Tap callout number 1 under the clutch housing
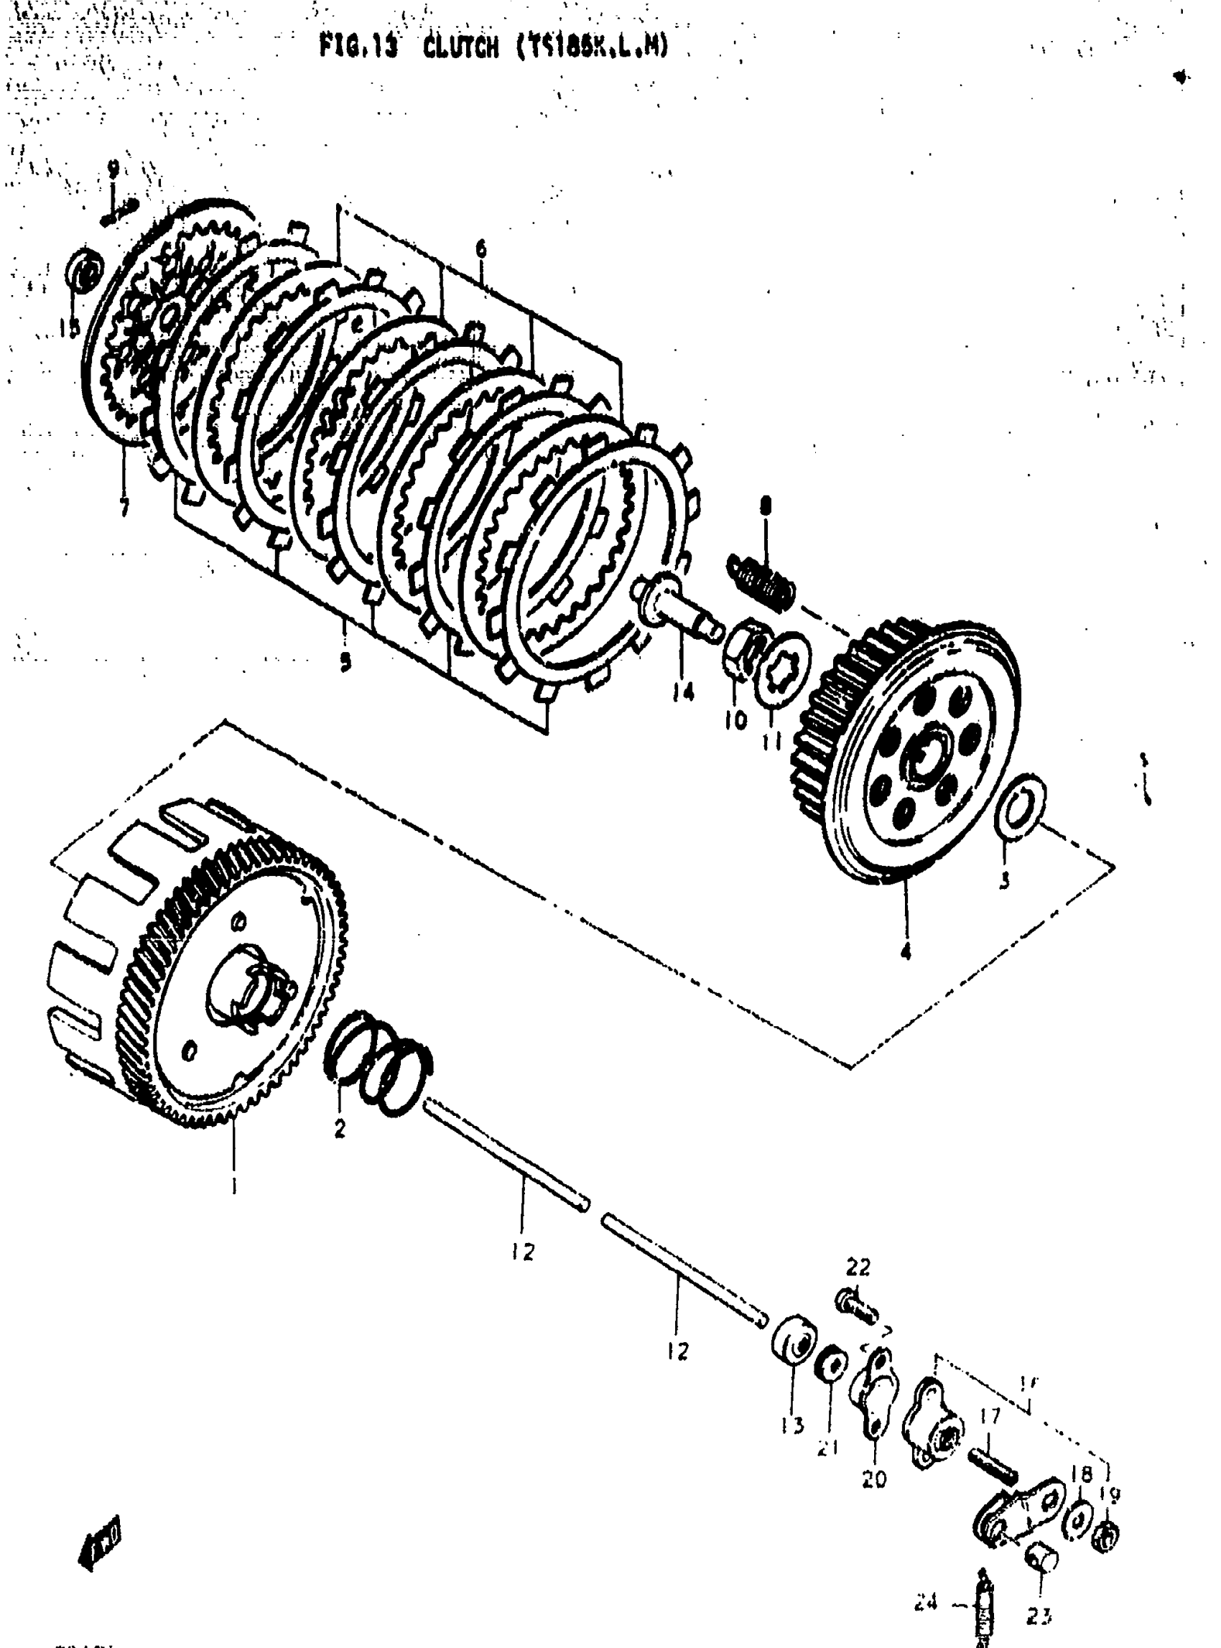[233, 1186]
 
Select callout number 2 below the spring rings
[339, 1130]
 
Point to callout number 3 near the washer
[1003, 882]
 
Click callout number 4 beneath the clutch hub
[906, 952]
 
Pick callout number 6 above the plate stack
[481, 249]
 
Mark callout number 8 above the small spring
[766, 506]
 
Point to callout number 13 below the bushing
[793, 1424]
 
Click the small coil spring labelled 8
[763, 577]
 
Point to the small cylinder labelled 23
[1042, 1560]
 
